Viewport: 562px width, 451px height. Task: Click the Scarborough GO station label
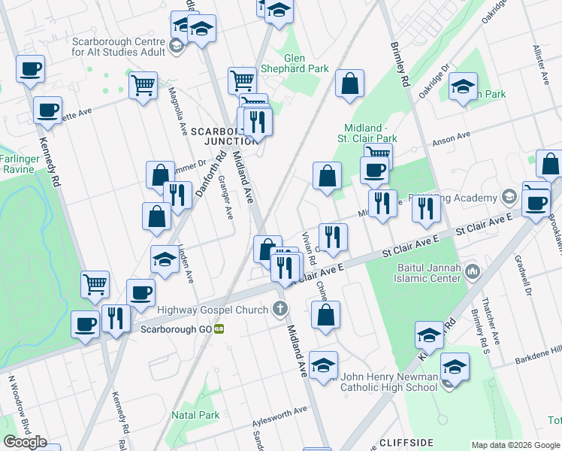pyautogui.click(x=177, y=329)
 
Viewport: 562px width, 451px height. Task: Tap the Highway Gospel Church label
pyautogui.click(x=213, y=310)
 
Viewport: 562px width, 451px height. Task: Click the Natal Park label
pyautogui.click(x=195, y=415)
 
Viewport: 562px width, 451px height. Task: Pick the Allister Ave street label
pyautogui.click(x=539, y=64)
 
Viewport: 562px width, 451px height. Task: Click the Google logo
pyautogui.click(x=25, y=442)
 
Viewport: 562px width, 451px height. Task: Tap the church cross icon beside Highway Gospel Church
pyautogui.click(x=280, y=308)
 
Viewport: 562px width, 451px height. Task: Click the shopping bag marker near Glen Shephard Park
pyautogui.click(x=350, y=85)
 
